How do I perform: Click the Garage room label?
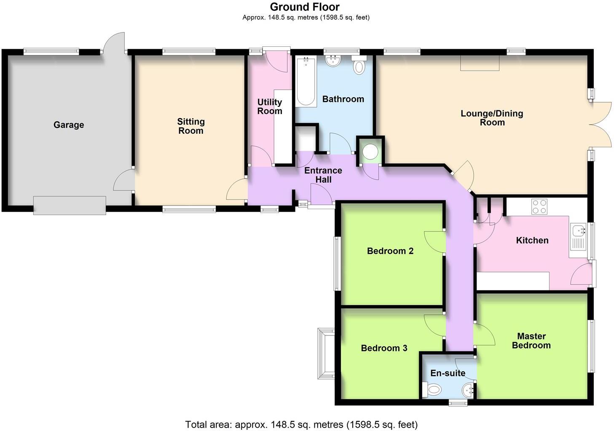point(69,125)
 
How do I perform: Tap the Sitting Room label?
point(191,126)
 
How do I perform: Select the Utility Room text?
point(270,106)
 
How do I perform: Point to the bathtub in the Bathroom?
point(306,82)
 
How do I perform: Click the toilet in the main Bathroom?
point(359,66)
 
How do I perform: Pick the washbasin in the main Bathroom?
point(334,61)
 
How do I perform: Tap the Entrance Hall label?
point(323,175)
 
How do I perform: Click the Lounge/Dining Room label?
point(492,118)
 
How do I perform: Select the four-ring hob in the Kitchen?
point(539,206)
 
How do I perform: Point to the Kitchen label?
point(532,240)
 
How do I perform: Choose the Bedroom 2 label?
point(390,251)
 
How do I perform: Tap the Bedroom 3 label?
point(384,348)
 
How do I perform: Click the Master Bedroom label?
point(531,341)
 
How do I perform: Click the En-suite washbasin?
point(469,391)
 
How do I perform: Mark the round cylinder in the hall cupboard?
point(370,152)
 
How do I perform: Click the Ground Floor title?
point(305,7)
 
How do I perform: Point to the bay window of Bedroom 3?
point(326,354)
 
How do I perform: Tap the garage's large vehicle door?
point(70,205)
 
